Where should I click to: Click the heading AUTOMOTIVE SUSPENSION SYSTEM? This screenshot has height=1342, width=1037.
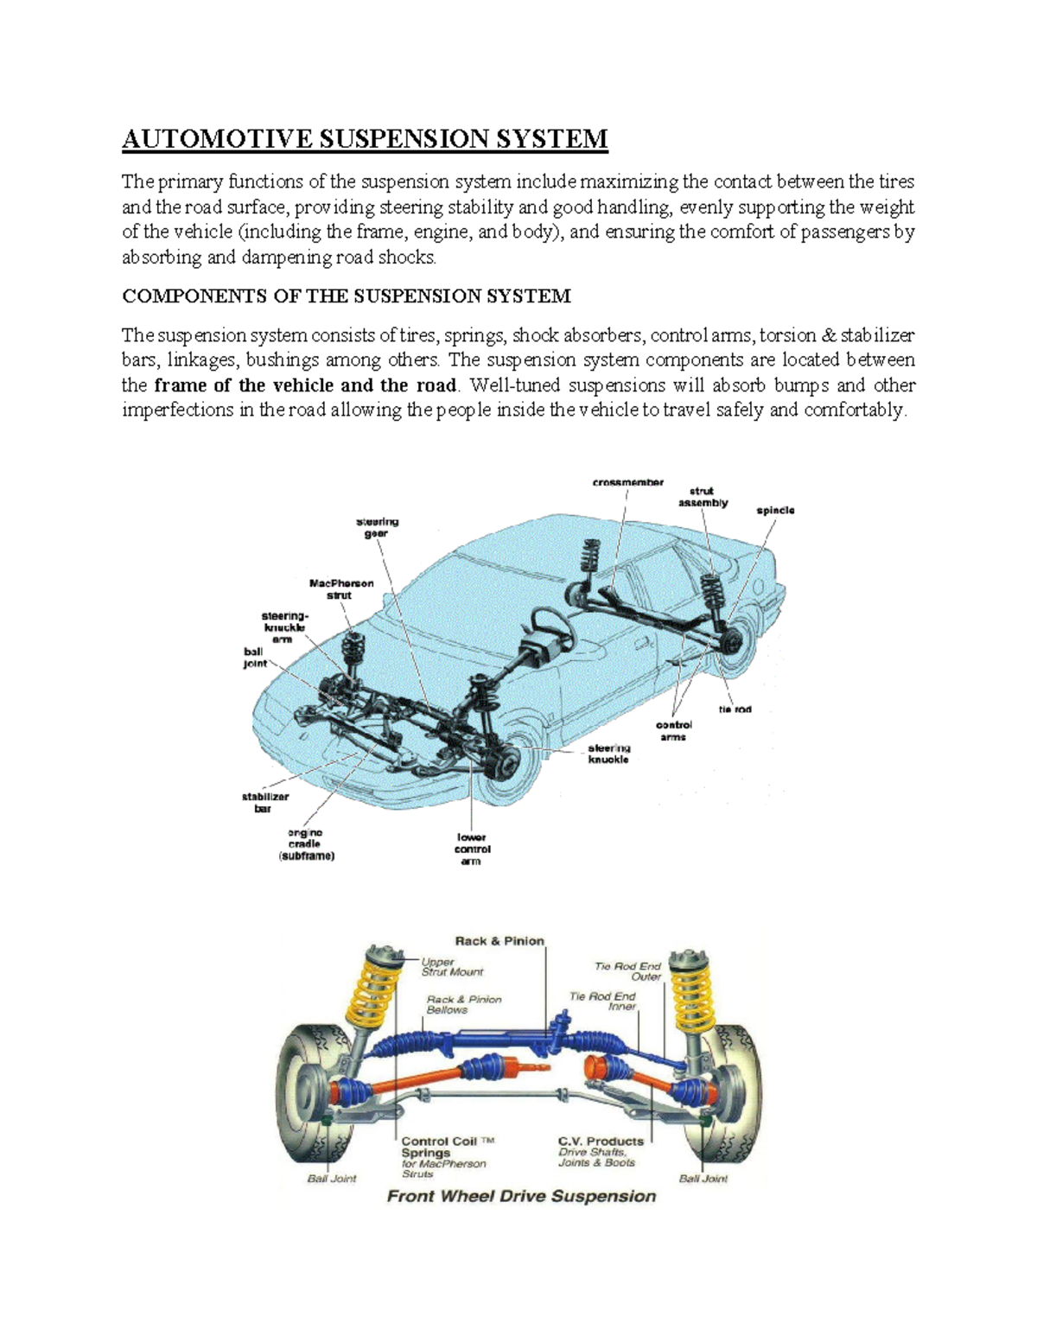point(365,139)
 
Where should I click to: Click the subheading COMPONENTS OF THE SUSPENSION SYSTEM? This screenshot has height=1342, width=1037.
point(346,296)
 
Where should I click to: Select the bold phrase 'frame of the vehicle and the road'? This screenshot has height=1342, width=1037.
point(304,385)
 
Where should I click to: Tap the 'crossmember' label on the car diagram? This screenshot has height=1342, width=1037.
point(627,482)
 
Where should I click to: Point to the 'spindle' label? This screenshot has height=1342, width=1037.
point(775,511)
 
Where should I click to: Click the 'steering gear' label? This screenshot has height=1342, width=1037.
point(378,528)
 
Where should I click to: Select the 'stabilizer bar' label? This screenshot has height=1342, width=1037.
point(265,803)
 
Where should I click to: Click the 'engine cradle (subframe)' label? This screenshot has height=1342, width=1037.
point(306,844)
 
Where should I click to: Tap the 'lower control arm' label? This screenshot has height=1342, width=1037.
point(472,849)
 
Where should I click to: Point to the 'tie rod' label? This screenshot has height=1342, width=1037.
point(735,709)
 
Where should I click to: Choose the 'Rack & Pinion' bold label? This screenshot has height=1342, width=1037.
point(499,941)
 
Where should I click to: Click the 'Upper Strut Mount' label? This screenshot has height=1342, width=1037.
point(452,966)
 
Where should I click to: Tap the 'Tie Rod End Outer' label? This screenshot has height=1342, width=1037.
point(628,971)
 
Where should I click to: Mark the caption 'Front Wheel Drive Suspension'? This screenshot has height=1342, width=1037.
point(521,1197)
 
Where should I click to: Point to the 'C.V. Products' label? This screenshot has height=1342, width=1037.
point(601,1142)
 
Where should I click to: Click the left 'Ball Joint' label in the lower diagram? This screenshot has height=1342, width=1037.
point(332,1179)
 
